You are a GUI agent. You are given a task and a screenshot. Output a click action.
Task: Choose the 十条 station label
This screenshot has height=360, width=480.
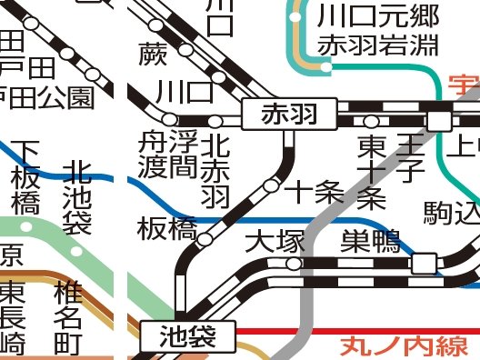[x=314, y=192]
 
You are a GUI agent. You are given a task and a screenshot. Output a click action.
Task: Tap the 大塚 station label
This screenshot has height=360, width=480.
[x=272, y=243]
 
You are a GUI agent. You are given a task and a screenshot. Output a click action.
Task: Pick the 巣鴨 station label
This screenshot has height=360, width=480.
[x=370, y=242]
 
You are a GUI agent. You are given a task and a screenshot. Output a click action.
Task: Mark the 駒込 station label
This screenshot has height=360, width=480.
[x=451, y=214]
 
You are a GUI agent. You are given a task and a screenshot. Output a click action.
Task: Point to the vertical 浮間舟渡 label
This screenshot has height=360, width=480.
[x=167, y=155]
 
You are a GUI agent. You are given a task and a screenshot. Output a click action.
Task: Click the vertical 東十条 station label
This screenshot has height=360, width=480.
[x=371, y=170]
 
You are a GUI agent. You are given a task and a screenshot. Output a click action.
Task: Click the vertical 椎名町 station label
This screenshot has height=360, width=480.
[x=68, y=317]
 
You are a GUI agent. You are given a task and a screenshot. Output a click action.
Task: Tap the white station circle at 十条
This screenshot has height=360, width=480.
[x=271, y=185]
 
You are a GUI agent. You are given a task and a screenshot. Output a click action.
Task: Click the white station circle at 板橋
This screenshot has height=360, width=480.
[x=205, y=240]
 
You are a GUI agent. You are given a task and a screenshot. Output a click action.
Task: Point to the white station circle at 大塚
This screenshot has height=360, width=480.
[x=293, y=264]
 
